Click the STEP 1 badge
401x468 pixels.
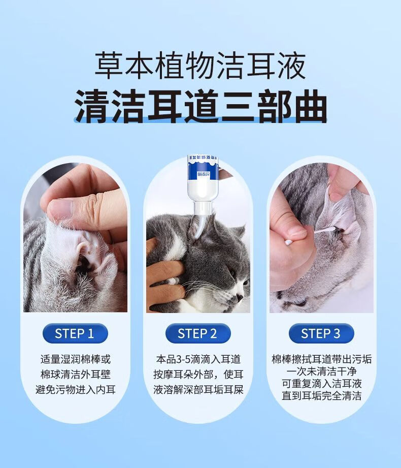pos(75,333)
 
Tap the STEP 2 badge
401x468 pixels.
pos(198,333)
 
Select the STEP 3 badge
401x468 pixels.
pos(321,333)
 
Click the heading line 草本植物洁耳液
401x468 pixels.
pos(201,66)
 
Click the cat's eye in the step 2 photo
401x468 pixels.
pos(232,272)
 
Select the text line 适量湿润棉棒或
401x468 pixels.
pos(76,359)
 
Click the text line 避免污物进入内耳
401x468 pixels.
pos(76,390)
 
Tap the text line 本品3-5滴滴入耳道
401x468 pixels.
pos(198,359)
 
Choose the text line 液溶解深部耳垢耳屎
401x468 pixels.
pos(198,390)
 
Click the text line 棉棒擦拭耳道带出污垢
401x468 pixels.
pos(321,359)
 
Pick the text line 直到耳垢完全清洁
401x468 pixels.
pos(321,396)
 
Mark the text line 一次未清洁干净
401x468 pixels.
pos(321,371)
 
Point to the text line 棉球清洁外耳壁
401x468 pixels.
pos(76,375)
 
